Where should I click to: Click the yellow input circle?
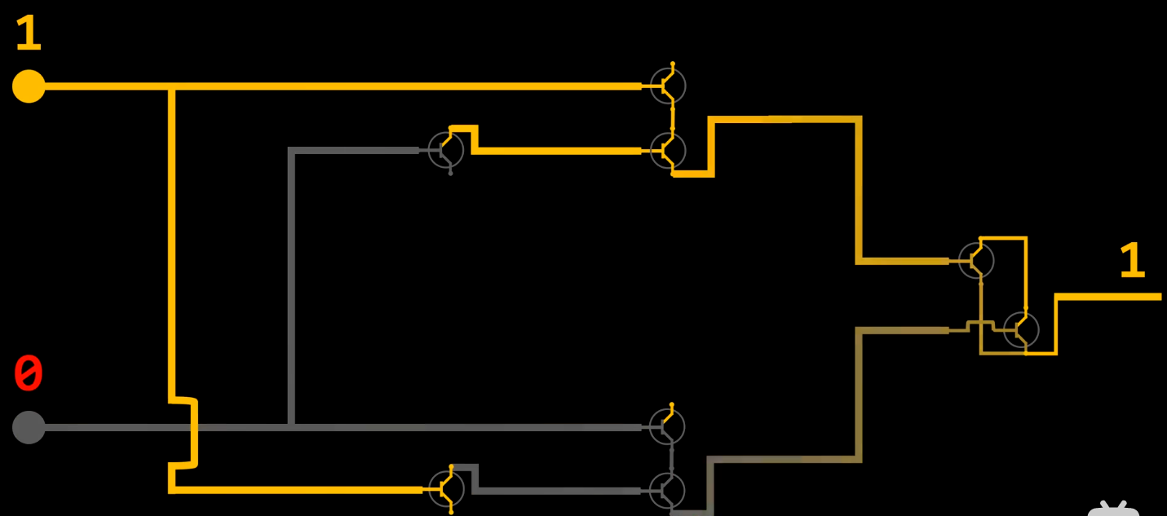pos(29,86)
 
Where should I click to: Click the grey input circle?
pos(29,427)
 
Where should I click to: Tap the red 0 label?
pos(28,373)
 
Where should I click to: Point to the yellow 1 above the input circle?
pos(29,33)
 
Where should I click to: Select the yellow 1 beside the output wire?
pos(1132,260)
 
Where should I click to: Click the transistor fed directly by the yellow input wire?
pos(668,86)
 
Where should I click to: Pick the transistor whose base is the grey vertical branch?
pos(446,151)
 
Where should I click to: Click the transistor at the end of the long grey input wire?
pos(667,427)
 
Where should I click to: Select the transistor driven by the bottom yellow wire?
pos(446,489)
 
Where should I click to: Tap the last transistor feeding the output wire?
pos(1021,330)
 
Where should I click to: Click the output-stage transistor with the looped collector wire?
pos(976,260)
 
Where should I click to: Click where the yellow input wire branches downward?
pos(171,87)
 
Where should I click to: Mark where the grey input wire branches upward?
pos(292,427)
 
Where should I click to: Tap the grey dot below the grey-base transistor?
pos(451,174)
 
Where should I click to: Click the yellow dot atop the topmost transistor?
pos(673,64)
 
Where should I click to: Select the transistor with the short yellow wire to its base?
pos(668,151)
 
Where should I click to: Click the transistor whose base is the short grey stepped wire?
pos(667,491)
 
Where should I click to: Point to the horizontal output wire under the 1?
pos(1108,297)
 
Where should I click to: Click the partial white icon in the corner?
pos(1114,509)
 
